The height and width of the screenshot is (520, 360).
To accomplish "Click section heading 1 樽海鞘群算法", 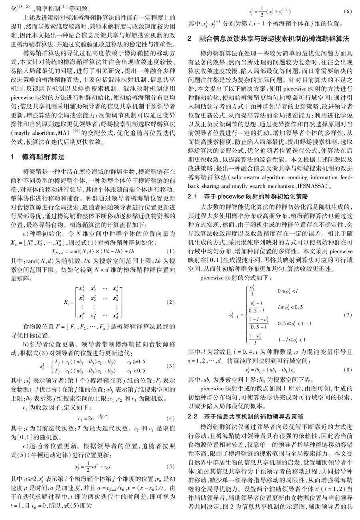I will point(38,157).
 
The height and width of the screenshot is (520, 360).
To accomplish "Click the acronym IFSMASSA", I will point(308,186).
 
